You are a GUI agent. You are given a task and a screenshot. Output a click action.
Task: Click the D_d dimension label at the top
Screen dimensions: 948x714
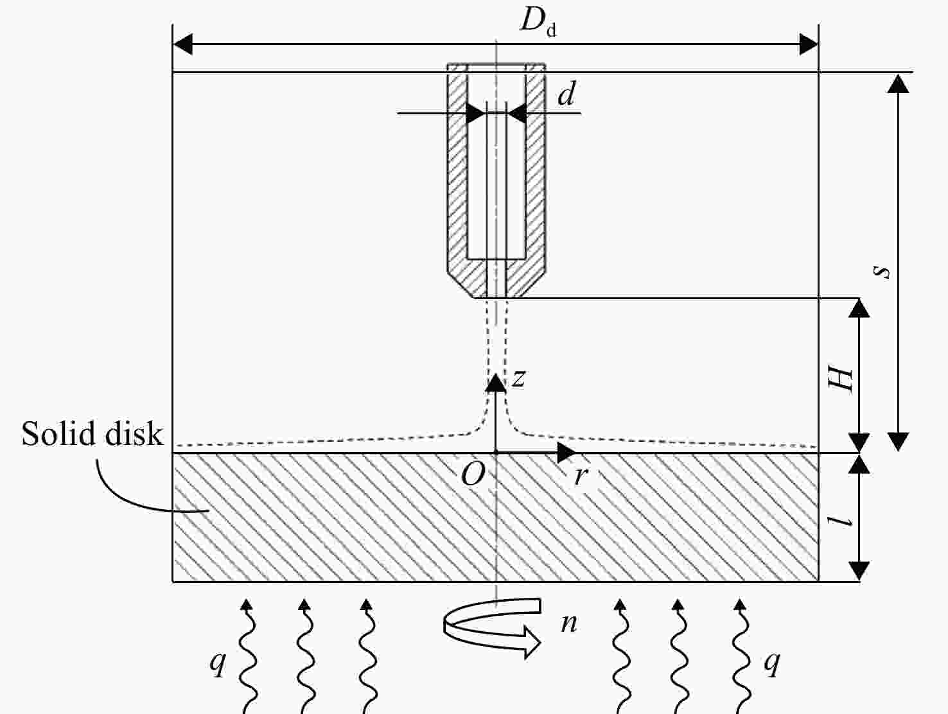pyautogui.click(x=538, y=22)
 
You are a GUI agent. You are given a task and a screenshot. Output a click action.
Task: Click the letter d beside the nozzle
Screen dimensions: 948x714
pyautogui.click(x=566, y=93)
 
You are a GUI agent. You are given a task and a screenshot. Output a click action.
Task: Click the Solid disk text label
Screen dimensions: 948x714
pyautogui.click(x=92, y=433)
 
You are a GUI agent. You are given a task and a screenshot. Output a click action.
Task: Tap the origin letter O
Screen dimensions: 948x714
pyautogui.click(x=473, y=475)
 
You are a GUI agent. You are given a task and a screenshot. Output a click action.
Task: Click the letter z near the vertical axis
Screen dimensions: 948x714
pyautogui.click(x=518, y=378)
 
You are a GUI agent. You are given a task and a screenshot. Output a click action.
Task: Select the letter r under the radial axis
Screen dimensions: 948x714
pyautogui.click(x=581, y=476)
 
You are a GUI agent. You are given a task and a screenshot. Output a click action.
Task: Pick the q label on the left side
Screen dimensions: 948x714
pyautogui.click(x=218, y=663)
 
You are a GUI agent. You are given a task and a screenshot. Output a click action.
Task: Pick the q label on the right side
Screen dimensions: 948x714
pyautogui.click(x=772, y=663)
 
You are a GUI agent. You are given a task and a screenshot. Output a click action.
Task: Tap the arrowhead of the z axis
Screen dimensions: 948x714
pyautogui.click(x=496, y=383)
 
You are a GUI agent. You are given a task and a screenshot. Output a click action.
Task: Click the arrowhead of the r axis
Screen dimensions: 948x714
pyautogui.click(x=566, y=453)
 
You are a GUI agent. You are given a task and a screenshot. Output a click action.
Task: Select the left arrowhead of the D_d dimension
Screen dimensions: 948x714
pyautogui.click(x=182, y=44)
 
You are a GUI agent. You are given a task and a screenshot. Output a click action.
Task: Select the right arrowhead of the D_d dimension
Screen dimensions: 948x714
pyautogui.click(x=809, y=44)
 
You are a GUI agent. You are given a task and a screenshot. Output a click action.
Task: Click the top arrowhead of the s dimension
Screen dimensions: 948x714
pyautogui.click(x=899, y=83)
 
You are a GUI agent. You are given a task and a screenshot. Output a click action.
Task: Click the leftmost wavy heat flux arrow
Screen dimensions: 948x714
pyautogui.click(x=249, y=656)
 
